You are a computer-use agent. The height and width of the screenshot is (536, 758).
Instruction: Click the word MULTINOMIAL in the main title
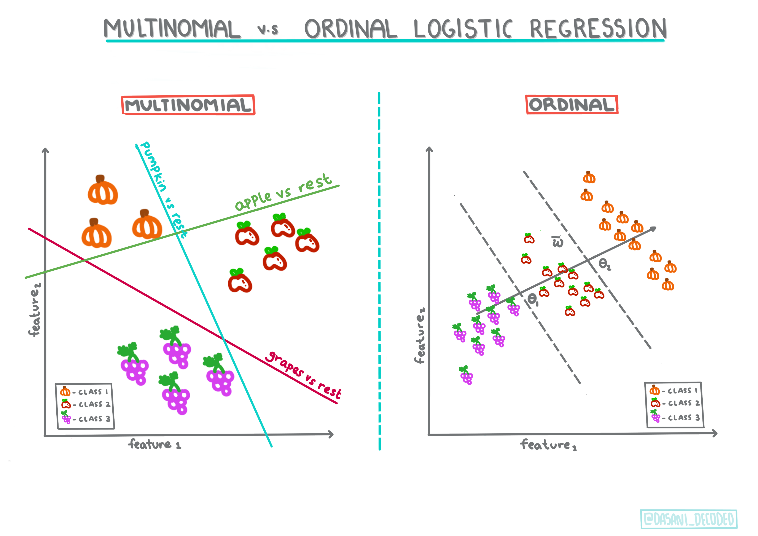pyautogui.click(x=172, y=29)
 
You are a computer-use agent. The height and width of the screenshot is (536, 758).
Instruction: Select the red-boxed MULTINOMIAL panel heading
pyautogui.click(x=188, y=105)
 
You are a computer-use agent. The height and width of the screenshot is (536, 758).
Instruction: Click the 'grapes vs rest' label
pyautogui.click(x=304, y=375)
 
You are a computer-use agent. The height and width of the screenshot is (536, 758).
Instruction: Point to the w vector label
pyautogui.click(x=558, y=242)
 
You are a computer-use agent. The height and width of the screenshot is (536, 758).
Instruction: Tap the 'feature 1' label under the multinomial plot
pyautogui.click(x=154, y=445)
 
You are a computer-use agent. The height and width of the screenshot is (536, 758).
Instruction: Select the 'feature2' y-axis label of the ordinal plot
pyautogui.click(x=420, y=335)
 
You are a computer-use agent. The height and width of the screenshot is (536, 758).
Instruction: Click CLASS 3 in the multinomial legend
pyautogui.click(x=94, y=419)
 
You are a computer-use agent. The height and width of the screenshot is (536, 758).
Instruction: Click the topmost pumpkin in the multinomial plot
pyautogui.click(x=103, y=191)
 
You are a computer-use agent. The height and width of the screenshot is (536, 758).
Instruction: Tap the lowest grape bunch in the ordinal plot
pyautogui.click(x=466, y=375)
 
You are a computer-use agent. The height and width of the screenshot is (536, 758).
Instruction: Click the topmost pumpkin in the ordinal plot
pyautogui.click(x=589, y=177)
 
